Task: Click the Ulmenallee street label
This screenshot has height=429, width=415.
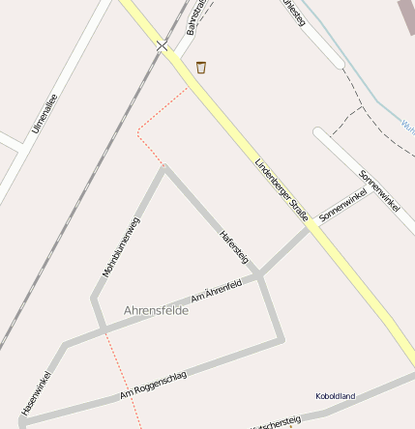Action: pyautogui.click(x=44, y=112)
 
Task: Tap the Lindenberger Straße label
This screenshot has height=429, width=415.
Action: pyautogui.click(x=281, y=189)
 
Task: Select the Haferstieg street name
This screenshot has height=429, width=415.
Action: pyautogui.click(x=234, y=246)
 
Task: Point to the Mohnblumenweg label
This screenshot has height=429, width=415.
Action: pyautogui.click(x=121, y=247)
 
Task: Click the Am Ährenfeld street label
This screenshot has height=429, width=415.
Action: pyautogui.click(x=216, y=290)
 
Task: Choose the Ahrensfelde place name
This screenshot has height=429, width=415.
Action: pyautogui.click(x=156, y=310)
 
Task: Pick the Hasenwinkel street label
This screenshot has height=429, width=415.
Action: pyautogui.click(x=35, y=395)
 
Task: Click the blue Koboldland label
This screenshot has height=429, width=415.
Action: pyautogui.click(x=336, y=396)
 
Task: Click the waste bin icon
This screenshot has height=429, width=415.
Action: pyautogui.click(x=201, y=67)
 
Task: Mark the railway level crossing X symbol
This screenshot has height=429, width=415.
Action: pyautogui.click(x=163, y=45)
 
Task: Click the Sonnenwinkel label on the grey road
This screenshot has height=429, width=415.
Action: pyautogui.click(x=342, y=207)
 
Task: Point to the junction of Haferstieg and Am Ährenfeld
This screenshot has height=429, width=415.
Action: pyautogui.click(x=261, y=276)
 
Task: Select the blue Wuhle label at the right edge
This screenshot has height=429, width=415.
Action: pyautogui.click(x=407, y=125)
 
